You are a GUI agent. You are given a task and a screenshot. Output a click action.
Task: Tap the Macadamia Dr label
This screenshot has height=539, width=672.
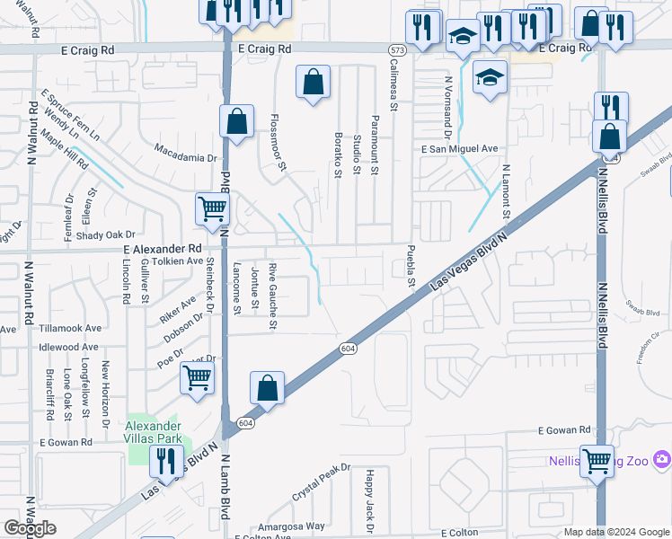186,152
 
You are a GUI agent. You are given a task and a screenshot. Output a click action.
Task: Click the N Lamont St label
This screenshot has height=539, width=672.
506,191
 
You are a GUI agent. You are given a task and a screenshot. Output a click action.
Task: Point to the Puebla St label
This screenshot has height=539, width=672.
411,266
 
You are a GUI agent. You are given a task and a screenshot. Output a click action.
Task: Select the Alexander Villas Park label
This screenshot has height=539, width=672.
153,431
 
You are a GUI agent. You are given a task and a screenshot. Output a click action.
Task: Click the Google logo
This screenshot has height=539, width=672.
31,528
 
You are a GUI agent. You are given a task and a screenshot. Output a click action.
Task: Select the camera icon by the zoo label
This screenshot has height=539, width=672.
662,460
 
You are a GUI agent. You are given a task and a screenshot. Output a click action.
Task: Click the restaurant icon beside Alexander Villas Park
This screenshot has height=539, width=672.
166,460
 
